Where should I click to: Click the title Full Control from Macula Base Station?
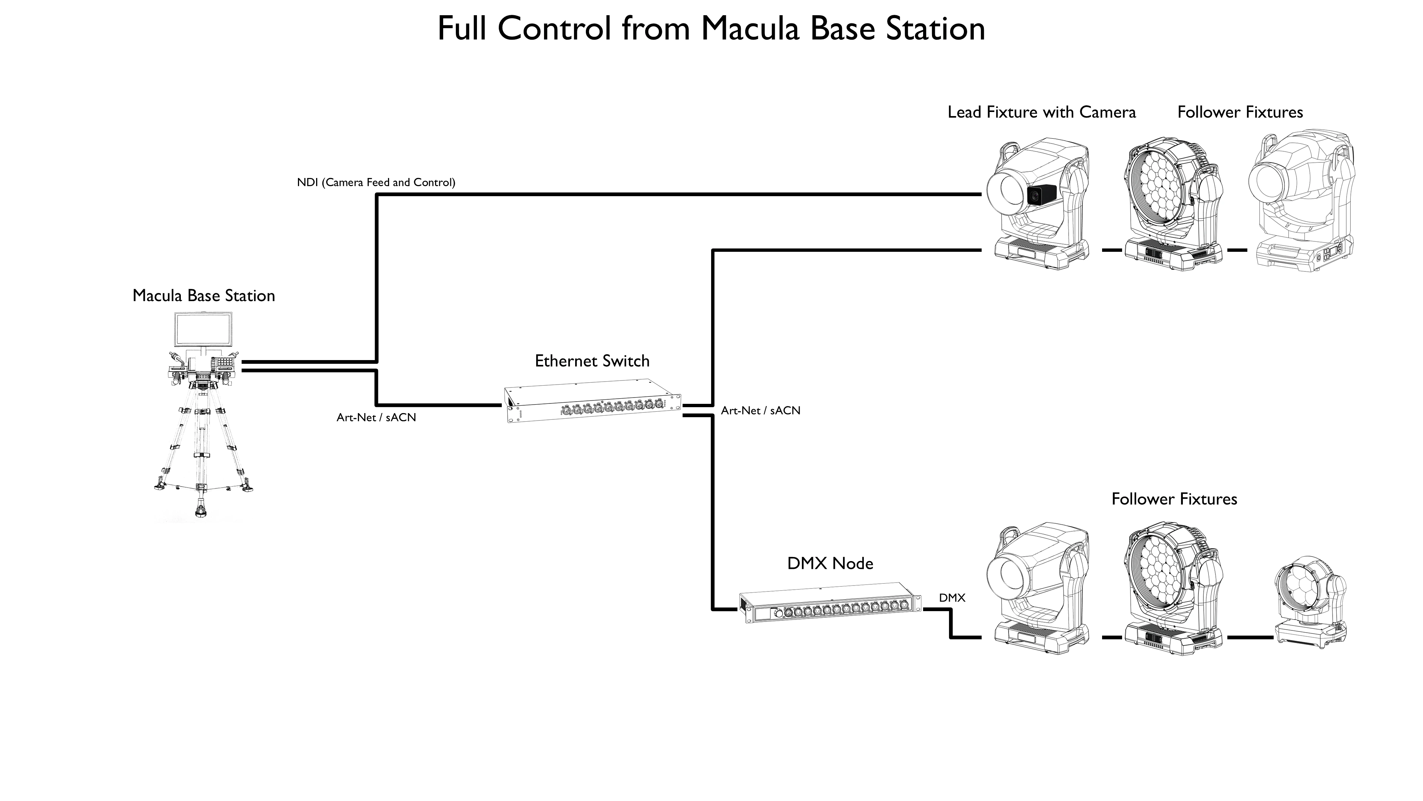[x=711, y=29]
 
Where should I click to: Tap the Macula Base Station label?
[x=204, y=296]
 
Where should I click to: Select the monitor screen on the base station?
[x=204, y=329]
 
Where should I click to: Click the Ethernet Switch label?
[x=592, y=361]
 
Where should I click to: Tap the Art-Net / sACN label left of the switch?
[x=376, y=417]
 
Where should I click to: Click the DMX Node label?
[x=830, y=563]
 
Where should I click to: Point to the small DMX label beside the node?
[x=952, y=597]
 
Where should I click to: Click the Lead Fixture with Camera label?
[x=1042, y=112]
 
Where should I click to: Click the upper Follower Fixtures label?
[x=1240, y=112]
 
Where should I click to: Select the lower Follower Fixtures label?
[x=1174, y=499]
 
